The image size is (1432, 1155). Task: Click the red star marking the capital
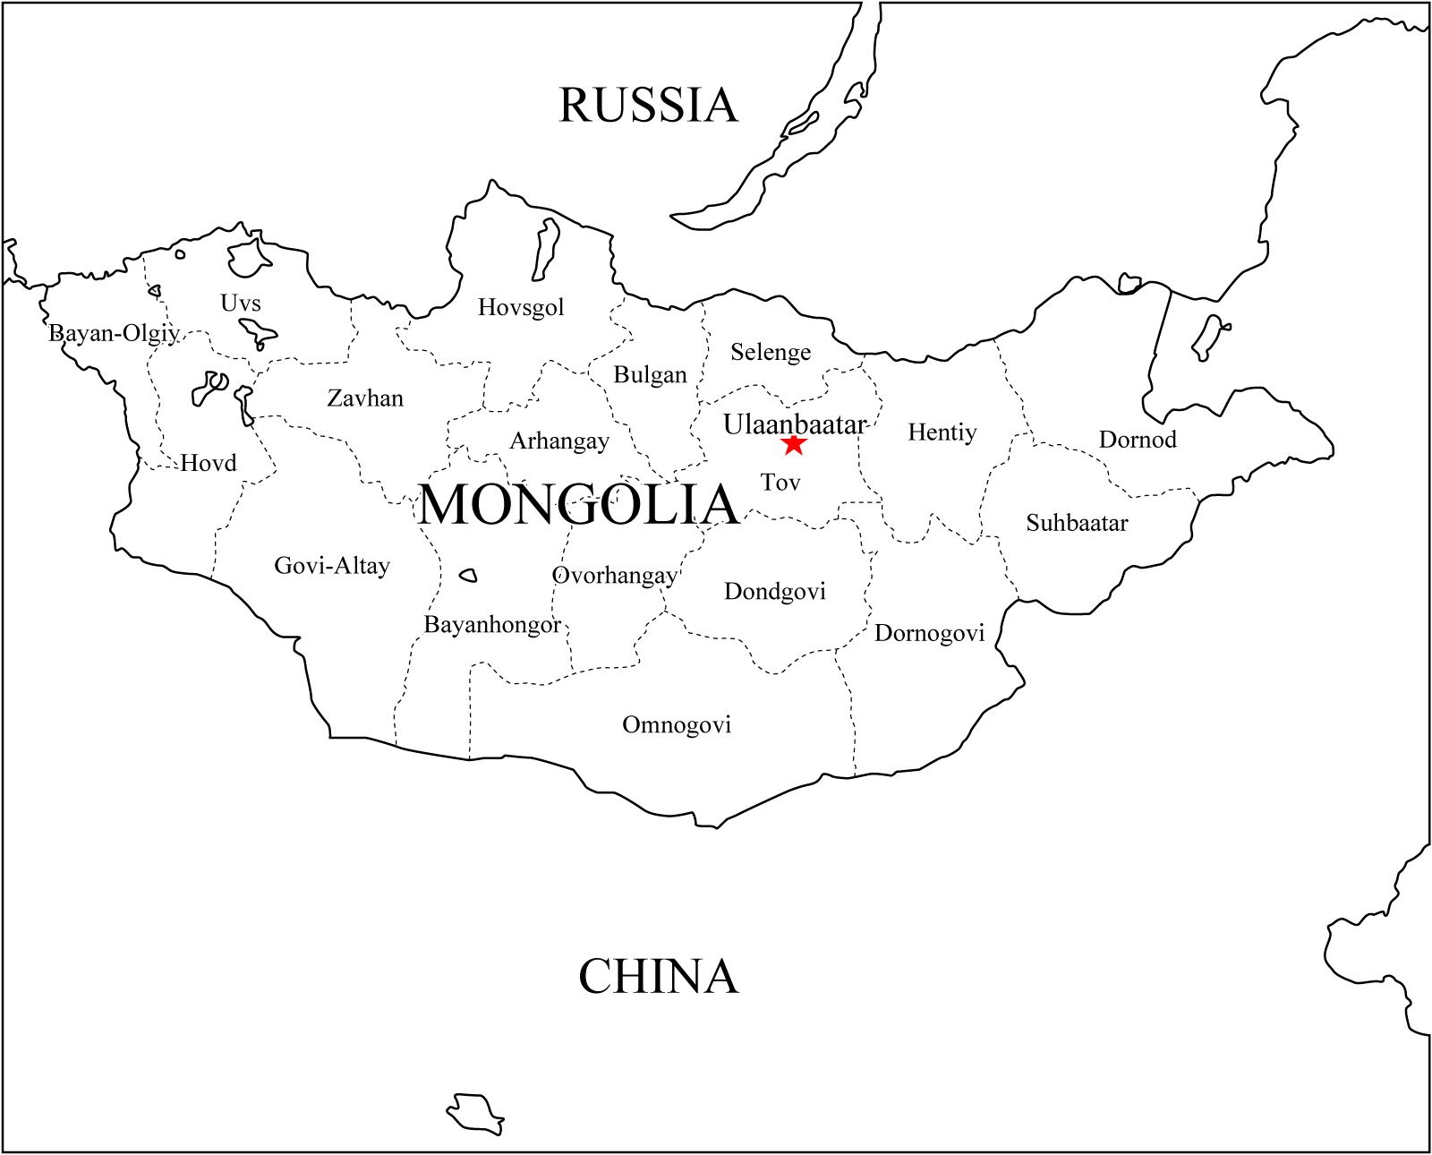794,444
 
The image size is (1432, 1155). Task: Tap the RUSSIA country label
648,106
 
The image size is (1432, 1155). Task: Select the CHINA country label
658,976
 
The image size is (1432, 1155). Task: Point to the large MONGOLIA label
578,504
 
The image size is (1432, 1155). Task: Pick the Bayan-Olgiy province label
114,333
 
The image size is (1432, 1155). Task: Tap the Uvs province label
241,303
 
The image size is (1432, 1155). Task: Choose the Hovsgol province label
521,307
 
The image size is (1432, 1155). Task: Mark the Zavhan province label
365,398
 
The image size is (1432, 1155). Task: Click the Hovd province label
209,463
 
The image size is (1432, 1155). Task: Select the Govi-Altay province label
332,565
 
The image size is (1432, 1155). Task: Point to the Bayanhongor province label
492,624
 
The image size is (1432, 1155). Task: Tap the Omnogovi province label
677,724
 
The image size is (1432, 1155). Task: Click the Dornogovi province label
929,633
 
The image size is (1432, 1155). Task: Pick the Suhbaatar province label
1077,523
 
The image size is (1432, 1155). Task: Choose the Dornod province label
1138,440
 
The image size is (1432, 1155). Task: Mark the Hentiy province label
942,432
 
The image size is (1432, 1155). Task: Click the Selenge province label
771,352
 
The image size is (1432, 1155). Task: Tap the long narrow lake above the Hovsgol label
545,249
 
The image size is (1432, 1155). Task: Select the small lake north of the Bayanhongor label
468,576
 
